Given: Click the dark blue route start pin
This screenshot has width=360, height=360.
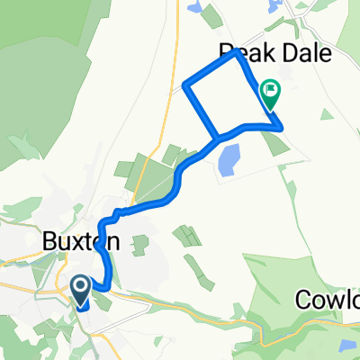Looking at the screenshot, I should click(79, 289).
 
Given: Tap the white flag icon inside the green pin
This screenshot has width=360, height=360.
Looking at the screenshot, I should click(270, 90).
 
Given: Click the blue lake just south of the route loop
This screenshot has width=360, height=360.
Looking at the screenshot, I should click(229, 160).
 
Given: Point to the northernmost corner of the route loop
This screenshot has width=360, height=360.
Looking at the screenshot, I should click(236, 50).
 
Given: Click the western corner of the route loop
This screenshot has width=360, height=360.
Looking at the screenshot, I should click(185, 86).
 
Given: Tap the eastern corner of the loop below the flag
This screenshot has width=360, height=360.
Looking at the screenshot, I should click(283, 127).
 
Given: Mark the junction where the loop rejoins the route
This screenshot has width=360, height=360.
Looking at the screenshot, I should click(217, 139).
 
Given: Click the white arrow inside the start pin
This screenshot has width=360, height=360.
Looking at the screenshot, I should click(79, 287).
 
